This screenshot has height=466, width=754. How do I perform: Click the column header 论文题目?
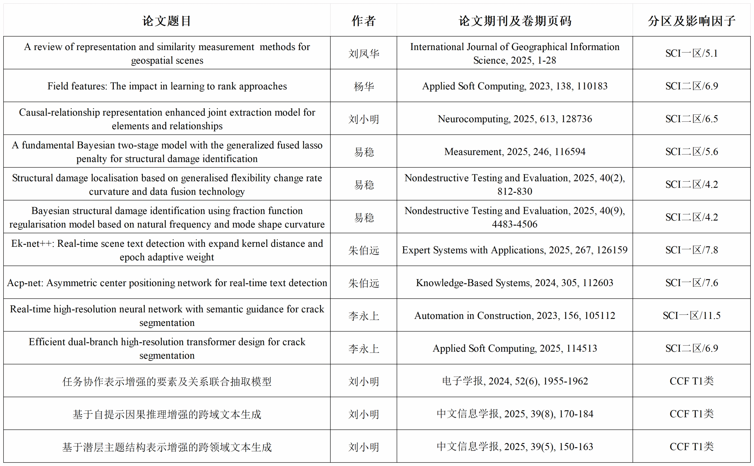(167, 21)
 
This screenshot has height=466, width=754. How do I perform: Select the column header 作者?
(363, 21)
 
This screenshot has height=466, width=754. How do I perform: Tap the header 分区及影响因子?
(691, 21)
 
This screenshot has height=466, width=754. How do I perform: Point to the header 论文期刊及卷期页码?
(515, 21)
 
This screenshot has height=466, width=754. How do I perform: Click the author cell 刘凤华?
(363, 54)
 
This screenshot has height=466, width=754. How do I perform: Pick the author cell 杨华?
(363, 86)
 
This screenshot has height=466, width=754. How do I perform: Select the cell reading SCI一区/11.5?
(691, 316)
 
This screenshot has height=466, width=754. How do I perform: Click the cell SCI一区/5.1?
(691, 53)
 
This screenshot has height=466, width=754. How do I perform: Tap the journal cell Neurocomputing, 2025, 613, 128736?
(515, 119)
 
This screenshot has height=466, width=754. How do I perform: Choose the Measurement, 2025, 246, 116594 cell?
(515, 152)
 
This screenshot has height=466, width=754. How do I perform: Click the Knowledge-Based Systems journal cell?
(515, 283)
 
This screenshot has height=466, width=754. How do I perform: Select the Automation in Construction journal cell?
(515, 316)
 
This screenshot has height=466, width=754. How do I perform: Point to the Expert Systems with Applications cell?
(515, 250)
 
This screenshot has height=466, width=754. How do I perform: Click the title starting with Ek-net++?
(167, 250)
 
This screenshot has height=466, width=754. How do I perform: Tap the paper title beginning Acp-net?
(167, 283)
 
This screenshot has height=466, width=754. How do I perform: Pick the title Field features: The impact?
(167, 86)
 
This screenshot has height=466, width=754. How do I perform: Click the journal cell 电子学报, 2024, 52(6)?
(515, 381)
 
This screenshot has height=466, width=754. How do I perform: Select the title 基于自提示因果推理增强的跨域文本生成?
(167, 414)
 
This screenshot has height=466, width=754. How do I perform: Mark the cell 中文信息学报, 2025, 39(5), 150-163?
(515, 447)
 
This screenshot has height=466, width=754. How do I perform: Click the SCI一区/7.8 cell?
(691, 250)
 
